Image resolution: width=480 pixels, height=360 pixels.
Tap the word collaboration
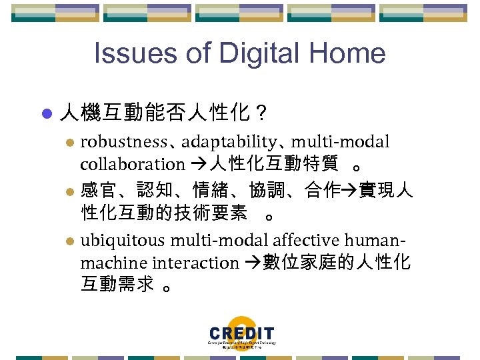(x=132, y=164)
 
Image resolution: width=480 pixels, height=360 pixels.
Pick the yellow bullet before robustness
(x=73, y=143)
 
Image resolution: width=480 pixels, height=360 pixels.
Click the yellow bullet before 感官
(x=73, y=192)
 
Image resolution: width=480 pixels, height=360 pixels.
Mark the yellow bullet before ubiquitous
(x=73, y=241)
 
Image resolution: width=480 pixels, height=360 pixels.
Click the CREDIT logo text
(x=241, y=333)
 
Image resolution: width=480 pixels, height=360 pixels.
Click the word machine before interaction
(x=113, y=263)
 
